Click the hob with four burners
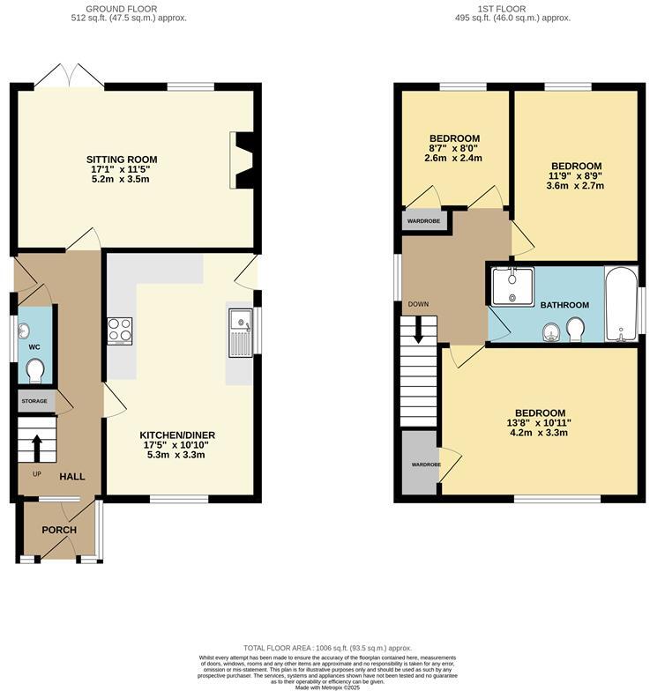[120, 331]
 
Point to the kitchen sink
[240, 334]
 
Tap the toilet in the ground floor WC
[36, 374]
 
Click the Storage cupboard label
[34, 401]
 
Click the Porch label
[59, 530]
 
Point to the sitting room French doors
[69, 77]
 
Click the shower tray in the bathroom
[512, 286]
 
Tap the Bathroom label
[564, 305]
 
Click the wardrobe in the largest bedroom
[420, 464]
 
